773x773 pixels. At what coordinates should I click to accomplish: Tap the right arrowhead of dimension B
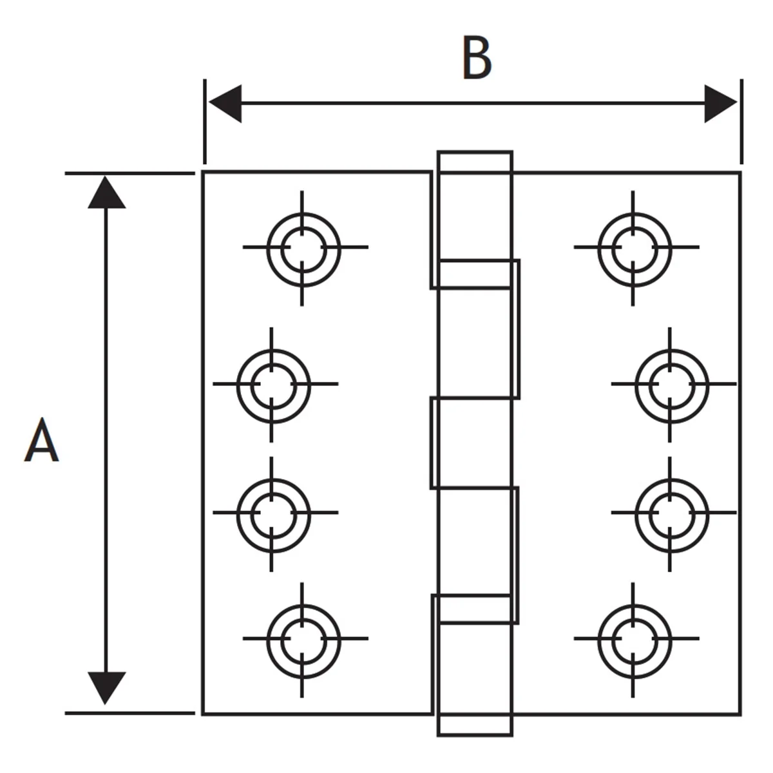pyautogui.click(x=720, y=103)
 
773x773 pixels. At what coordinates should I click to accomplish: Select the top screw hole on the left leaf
pyautogui.click(x=303, y=248)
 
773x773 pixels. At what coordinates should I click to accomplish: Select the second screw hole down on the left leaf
pyautogui.click(x=272, y=385)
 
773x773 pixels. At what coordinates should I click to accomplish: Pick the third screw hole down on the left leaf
pyautogui.click(x=272, y=513)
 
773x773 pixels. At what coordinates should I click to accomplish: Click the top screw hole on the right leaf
pyautogui.click(x=634, y=248)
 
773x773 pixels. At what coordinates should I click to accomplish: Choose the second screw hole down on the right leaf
pyautogui.click(x=671, y=385)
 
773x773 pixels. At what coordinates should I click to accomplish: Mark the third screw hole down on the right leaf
pyautogui.click(x=671, y=513)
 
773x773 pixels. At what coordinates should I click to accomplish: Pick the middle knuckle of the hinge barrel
pyautogui.click(x=473, y=442)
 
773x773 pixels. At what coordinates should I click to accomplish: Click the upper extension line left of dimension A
pyautogui.click(x=129, y=173)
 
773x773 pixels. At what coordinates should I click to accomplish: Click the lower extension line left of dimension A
pyautogui.click(x=129, y=713)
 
